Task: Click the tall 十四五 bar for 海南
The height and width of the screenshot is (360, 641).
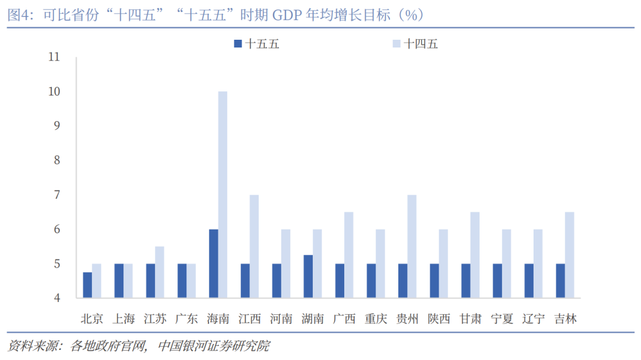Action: [x=223, y=195]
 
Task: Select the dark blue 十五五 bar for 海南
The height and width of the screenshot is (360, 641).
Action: [x=214, y=263]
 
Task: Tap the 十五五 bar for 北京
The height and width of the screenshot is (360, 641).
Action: [x=87, y=285]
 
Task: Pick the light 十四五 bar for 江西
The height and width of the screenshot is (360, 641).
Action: [x=254, y=246]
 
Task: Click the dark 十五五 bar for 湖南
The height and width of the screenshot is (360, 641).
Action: [x=308, y=276]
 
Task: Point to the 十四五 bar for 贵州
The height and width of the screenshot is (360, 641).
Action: [x=412, y=246]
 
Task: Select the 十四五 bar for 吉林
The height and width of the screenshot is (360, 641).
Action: [x=570, y=255]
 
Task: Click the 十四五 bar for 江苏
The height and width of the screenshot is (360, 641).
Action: [x=160, y=272]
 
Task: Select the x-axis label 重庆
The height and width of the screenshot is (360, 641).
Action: [x=376, y=318]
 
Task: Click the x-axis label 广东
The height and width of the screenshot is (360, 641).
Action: [x=186, y=318]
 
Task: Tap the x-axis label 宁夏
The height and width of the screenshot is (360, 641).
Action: [x=502, y=318]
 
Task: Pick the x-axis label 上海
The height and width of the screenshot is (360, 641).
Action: [x=123, y=318]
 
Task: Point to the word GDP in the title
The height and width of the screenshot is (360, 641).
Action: [x=286, y=15]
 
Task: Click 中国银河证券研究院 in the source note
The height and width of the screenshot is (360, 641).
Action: [x=214, y=346]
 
